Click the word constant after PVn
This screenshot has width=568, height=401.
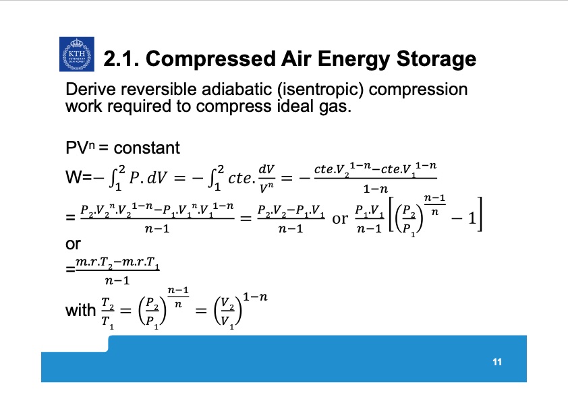coord(147,148)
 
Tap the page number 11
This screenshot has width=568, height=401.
coord(498,363)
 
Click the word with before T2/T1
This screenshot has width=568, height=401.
coord(80,311)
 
